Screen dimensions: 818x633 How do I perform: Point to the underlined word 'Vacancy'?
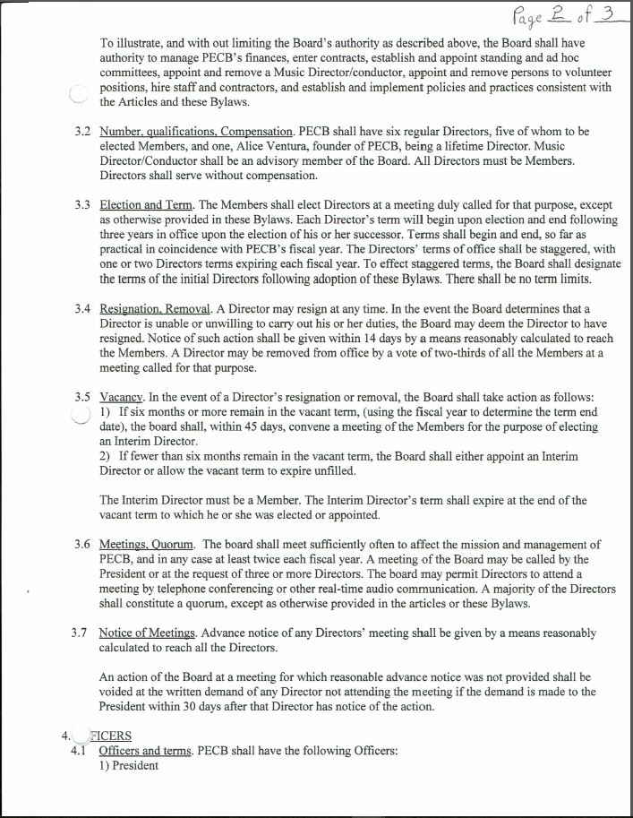tap(122, 395)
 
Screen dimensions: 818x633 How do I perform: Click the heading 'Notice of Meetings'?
tap(150, 632)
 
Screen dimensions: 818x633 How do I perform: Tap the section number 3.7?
tap(80, 632)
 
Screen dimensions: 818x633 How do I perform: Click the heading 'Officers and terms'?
tap(144, 750)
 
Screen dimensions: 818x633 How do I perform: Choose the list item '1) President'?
tap(129, 765)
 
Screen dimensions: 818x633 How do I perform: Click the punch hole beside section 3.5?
tap(81, 413)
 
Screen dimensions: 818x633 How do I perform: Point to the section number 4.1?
tap(80, 750)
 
